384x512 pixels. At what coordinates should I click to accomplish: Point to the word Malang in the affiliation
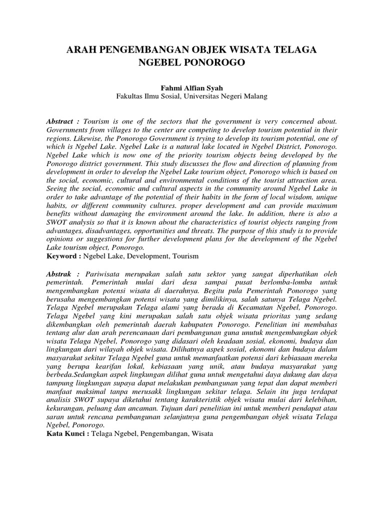(255, 96)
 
